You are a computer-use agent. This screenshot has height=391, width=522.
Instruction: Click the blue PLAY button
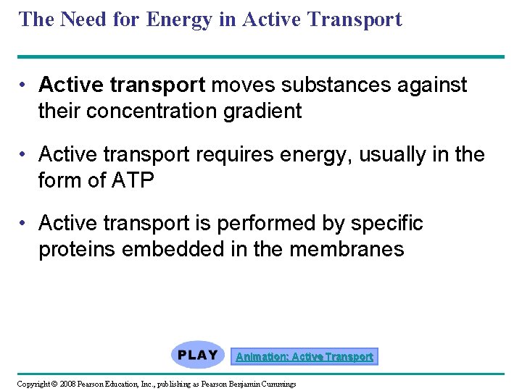pos(198,355)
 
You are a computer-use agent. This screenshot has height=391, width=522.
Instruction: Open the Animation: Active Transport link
pos(304,356)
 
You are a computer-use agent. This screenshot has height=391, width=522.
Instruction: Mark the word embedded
pos(167,249)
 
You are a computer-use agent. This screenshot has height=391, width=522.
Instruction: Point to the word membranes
pos(347,249)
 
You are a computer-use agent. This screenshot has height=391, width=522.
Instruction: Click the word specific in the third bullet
pos(389,224)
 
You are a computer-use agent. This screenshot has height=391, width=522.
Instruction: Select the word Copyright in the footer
pos(33,384)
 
